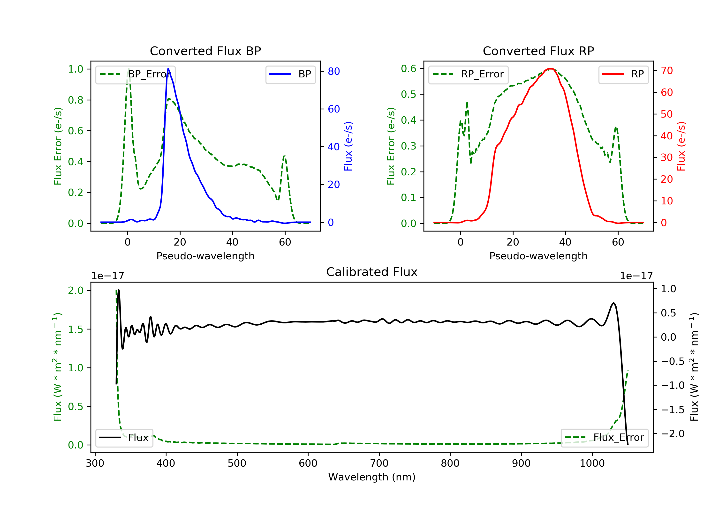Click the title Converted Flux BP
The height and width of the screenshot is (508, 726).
tap(205, 51)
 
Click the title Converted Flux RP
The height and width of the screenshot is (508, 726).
tap(538, 51)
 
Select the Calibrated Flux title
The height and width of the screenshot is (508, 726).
tap(372, 272)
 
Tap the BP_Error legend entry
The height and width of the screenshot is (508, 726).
tap(135, 74)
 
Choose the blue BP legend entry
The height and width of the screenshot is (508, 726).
tap(290, 74)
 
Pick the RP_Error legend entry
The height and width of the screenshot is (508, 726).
tap(468, 74)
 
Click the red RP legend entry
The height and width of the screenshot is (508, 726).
tap(623, 74)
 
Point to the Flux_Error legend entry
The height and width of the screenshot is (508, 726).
tap(604, 438)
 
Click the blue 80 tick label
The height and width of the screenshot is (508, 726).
tap(333, 71)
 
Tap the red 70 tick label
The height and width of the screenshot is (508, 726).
tap(667, 70)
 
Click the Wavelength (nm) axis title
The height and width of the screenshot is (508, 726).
tap(372, 477)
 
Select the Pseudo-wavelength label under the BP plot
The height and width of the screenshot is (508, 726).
tap(205, 256)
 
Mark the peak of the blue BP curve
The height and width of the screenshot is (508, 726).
tap(168, 69)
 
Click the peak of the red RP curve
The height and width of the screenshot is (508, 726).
tap(550, 69)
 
